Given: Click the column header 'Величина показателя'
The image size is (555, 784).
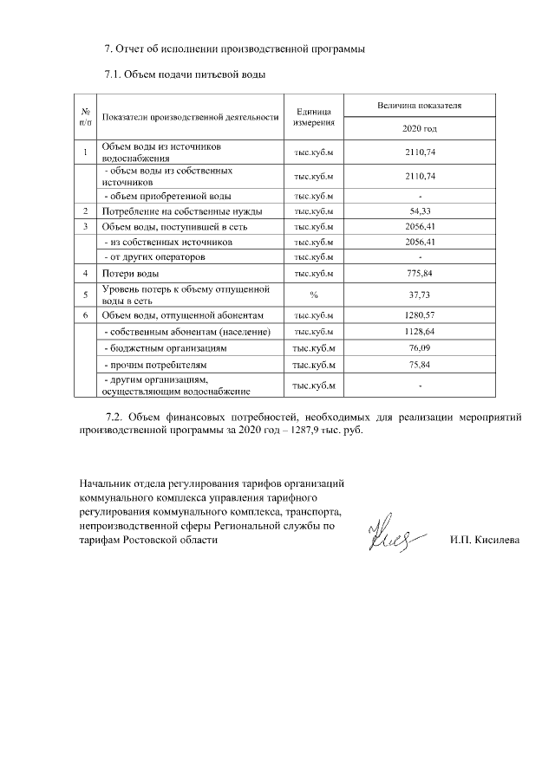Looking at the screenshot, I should pos(419,105).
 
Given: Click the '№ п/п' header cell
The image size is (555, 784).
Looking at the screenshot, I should pos(86,116).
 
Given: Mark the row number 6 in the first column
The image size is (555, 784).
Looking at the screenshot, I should pos(86,315).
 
